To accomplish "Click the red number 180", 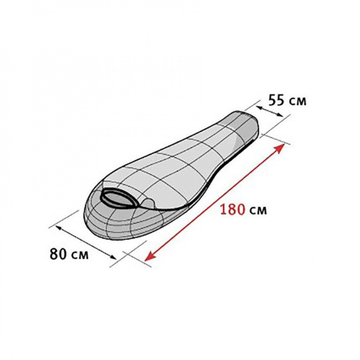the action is (232, 209).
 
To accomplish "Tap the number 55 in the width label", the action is (276, 100).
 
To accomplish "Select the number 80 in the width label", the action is (58, 254).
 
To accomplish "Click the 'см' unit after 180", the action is (258, 211).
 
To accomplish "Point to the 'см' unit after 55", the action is (297, 101).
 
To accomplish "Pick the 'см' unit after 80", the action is (79, 255).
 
